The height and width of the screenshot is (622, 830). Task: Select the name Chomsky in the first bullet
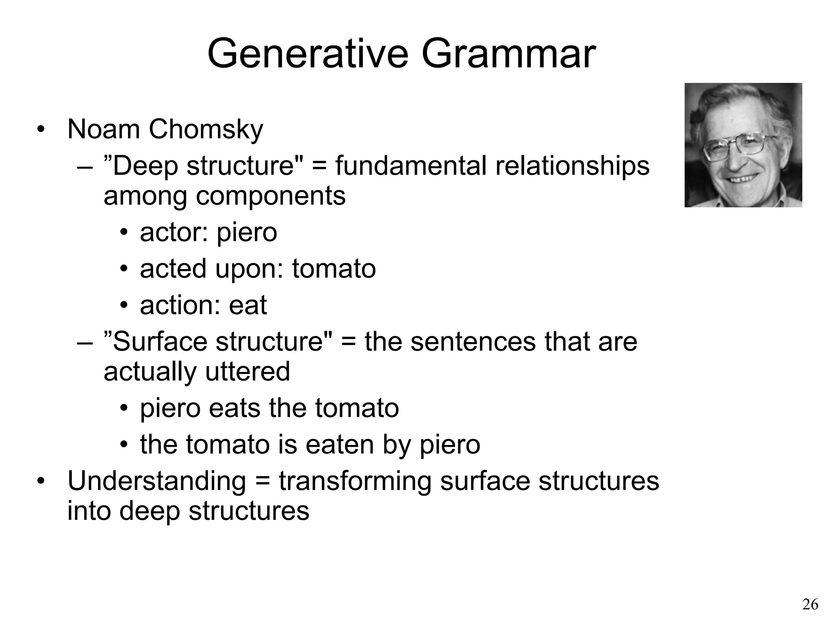pos(206,130)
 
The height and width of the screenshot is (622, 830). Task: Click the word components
pos(271,196)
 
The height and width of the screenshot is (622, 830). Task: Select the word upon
pos(249,269)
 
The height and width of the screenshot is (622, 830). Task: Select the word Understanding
pos(157,481)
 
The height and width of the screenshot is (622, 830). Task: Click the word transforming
pos(355,481)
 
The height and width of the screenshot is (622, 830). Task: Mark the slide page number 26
pos(810,605)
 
